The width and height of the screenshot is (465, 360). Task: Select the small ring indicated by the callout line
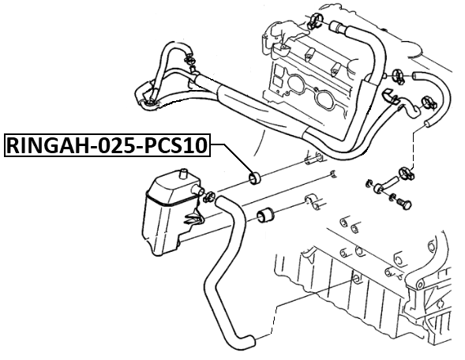(254, 177)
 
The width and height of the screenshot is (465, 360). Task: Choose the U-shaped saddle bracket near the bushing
(310, 202)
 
